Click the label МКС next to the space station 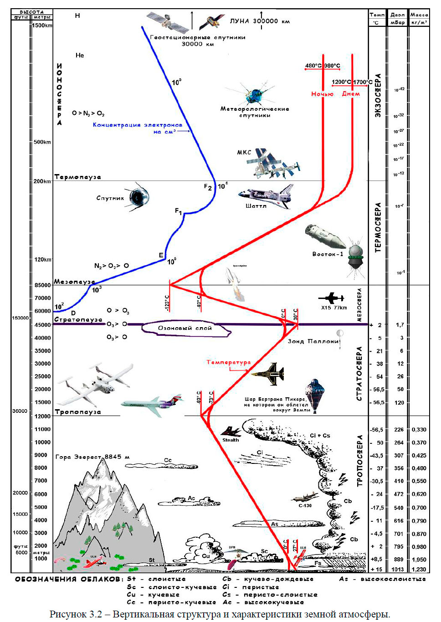coord(244,152)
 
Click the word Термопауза coord(77,177)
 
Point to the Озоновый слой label coord(185,328)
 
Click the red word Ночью coord(322,94)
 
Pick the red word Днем coord(351,94)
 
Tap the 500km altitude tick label coord(42,142)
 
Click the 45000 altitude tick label coord(42,325)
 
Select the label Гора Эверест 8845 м coord(92,457)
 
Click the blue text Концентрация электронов coord(137,125)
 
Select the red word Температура coord(228,362)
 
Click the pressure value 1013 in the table coord(398,569)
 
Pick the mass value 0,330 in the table coord(419,430)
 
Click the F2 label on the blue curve coord(208,187)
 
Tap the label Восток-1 coord(328,254)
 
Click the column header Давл coord(398,15)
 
